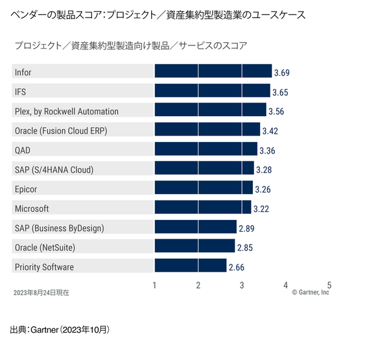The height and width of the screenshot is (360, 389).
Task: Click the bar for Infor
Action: point(213,71)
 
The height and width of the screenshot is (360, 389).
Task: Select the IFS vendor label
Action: point(20,91)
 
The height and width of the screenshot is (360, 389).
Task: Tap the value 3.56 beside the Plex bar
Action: point(276,111)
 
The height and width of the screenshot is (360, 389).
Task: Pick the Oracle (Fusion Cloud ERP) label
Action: point(60,130)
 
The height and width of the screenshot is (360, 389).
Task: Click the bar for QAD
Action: point(206,150)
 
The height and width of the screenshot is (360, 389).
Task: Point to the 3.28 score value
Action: point(265,170)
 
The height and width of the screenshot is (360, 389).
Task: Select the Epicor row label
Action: point(26,189)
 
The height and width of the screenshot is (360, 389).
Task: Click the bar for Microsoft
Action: point(202,208)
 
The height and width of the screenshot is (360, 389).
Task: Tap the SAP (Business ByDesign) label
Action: point(59,228)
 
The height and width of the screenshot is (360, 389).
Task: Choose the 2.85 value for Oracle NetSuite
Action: point(245,248)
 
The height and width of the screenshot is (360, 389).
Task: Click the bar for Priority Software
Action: point(190,267)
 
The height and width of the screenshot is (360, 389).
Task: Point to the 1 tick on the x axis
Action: point(154,285)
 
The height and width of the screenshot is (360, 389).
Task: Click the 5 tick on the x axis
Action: point(329,285)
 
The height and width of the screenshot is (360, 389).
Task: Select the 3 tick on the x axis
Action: point(242,285)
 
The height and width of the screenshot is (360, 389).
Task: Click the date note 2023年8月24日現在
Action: point(41,293)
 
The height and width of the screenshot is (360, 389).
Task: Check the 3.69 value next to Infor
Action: point(282,72)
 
